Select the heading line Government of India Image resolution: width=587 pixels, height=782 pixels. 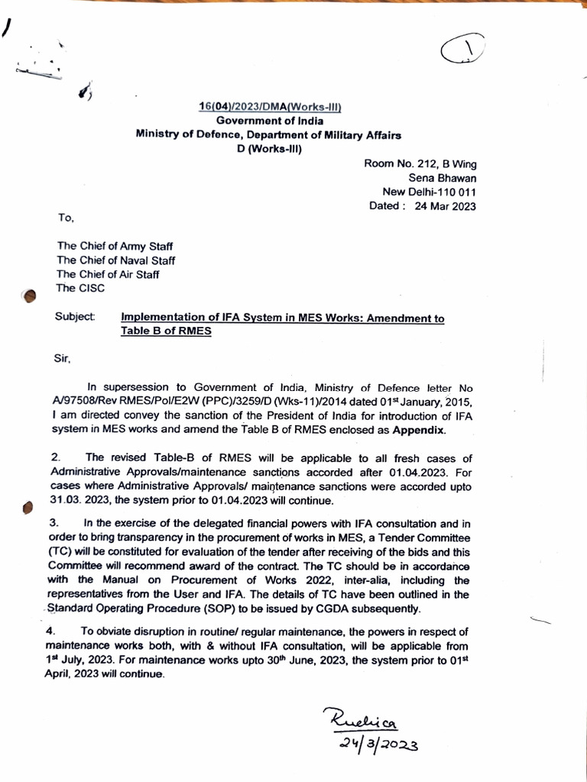tap(269, 121)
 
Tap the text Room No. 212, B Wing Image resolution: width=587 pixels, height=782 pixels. tap(420, 164)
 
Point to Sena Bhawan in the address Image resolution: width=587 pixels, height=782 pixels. tap(443, 178)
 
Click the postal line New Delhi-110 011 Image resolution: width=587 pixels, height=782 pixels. tap(429, 192)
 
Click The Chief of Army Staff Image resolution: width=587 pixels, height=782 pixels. tap(115, 247)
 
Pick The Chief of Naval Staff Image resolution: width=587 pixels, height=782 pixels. tap(116, 260)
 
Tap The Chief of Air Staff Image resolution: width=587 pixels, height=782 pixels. tap(108, 274)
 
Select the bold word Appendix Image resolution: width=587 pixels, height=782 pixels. tap(418, 430)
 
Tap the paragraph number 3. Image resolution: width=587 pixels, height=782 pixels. tap(55, 523)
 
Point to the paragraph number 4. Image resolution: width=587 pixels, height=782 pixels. tap(50, 632)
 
